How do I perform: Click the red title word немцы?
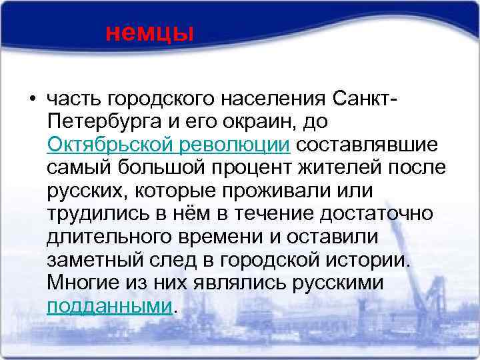149,32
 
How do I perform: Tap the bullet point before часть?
31,101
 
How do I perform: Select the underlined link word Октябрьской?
101,145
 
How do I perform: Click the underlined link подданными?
110,306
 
